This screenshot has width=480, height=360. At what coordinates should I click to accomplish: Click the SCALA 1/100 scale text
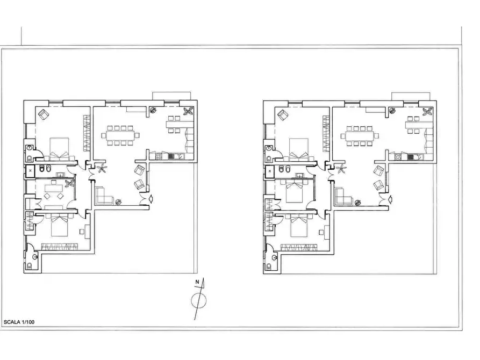[x=19, y=322]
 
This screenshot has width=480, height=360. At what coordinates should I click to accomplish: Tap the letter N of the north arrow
[x=197, y=282]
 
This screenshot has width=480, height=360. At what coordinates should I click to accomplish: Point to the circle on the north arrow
[x=199, y=300]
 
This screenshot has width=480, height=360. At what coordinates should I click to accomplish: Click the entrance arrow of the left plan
[x=151, y=199]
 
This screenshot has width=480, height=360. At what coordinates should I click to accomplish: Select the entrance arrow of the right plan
[x=390, y=199]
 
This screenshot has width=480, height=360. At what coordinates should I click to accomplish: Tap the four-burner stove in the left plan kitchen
[x=159, y=156]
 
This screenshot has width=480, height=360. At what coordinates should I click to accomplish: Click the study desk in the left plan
[x=54, y=188]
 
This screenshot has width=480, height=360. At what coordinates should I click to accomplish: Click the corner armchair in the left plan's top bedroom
[x=44, y=114]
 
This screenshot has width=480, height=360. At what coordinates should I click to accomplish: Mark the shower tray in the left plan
[x=30, y=171]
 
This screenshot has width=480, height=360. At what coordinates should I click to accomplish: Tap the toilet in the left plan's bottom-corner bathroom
[x=30, y=266]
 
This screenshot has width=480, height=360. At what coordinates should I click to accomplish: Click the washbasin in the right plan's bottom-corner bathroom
[x=274, y=257]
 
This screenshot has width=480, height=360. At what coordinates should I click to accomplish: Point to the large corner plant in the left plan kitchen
[x=188, y=111]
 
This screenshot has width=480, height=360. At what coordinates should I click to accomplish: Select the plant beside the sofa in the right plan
[x=357, y=202]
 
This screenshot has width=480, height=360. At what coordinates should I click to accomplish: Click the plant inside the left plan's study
[x=70, y=183]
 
